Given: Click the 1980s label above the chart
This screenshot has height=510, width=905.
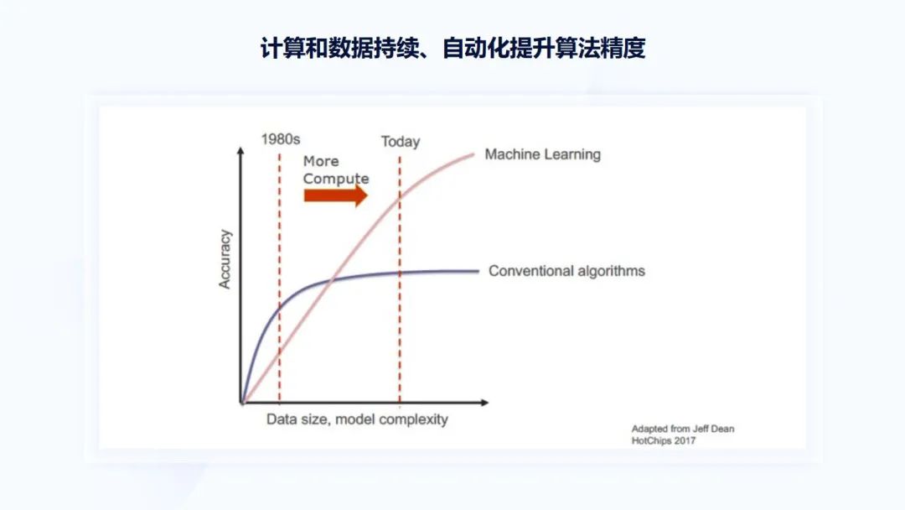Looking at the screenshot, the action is click(x=281, y=139).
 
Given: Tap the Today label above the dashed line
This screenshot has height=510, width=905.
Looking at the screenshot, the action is click(x=401, y=142).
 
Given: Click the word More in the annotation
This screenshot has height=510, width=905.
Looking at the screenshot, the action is click(x=321, y=161).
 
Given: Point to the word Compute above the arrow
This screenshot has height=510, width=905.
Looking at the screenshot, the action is click(x=336, y=179).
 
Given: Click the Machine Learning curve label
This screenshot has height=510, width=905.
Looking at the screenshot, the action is click(x=542, y=154).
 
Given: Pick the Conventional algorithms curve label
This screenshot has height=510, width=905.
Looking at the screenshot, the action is click(x=566, y=271).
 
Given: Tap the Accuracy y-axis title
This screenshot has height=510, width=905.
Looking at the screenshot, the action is click(x=225, y=258).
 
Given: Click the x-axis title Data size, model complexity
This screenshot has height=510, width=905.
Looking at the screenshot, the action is click(x=357, y=419).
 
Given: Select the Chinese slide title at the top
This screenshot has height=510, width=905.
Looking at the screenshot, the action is click(x=452, y=48).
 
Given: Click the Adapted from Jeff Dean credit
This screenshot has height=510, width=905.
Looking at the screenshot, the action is click(x=683, y=429).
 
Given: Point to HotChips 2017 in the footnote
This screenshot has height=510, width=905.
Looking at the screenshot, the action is click(x=663, y=440).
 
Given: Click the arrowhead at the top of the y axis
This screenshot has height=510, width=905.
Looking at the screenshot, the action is click(x=240, y=151).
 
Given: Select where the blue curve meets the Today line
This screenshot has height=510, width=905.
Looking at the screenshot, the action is click(x=400, y=273).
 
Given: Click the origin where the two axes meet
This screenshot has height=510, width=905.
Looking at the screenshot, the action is click(x=241, y=403).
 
